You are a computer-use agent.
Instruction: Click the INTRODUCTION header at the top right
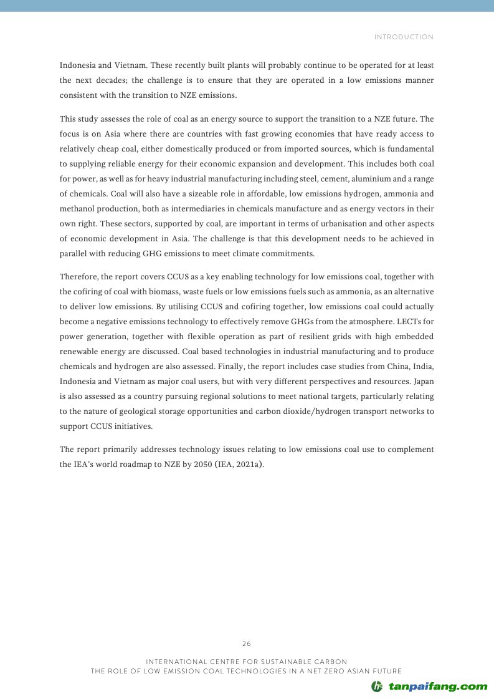coord(404,37)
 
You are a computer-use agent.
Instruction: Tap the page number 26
coord(247,644)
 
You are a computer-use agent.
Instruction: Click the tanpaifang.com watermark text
coord(438,686)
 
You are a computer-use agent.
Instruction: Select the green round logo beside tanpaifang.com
coord(377,687)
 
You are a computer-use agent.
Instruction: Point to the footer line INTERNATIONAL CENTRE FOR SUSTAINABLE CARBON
coord(246,661)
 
